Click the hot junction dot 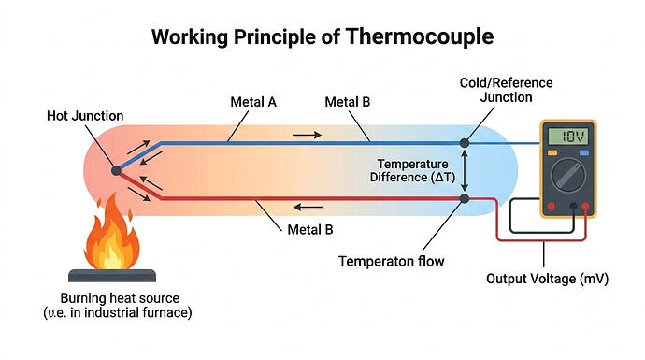116,171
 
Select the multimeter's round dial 566,174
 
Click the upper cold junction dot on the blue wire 465,142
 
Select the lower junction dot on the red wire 465,198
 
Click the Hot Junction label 84,116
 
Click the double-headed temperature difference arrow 465,170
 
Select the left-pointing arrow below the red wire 307,208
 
